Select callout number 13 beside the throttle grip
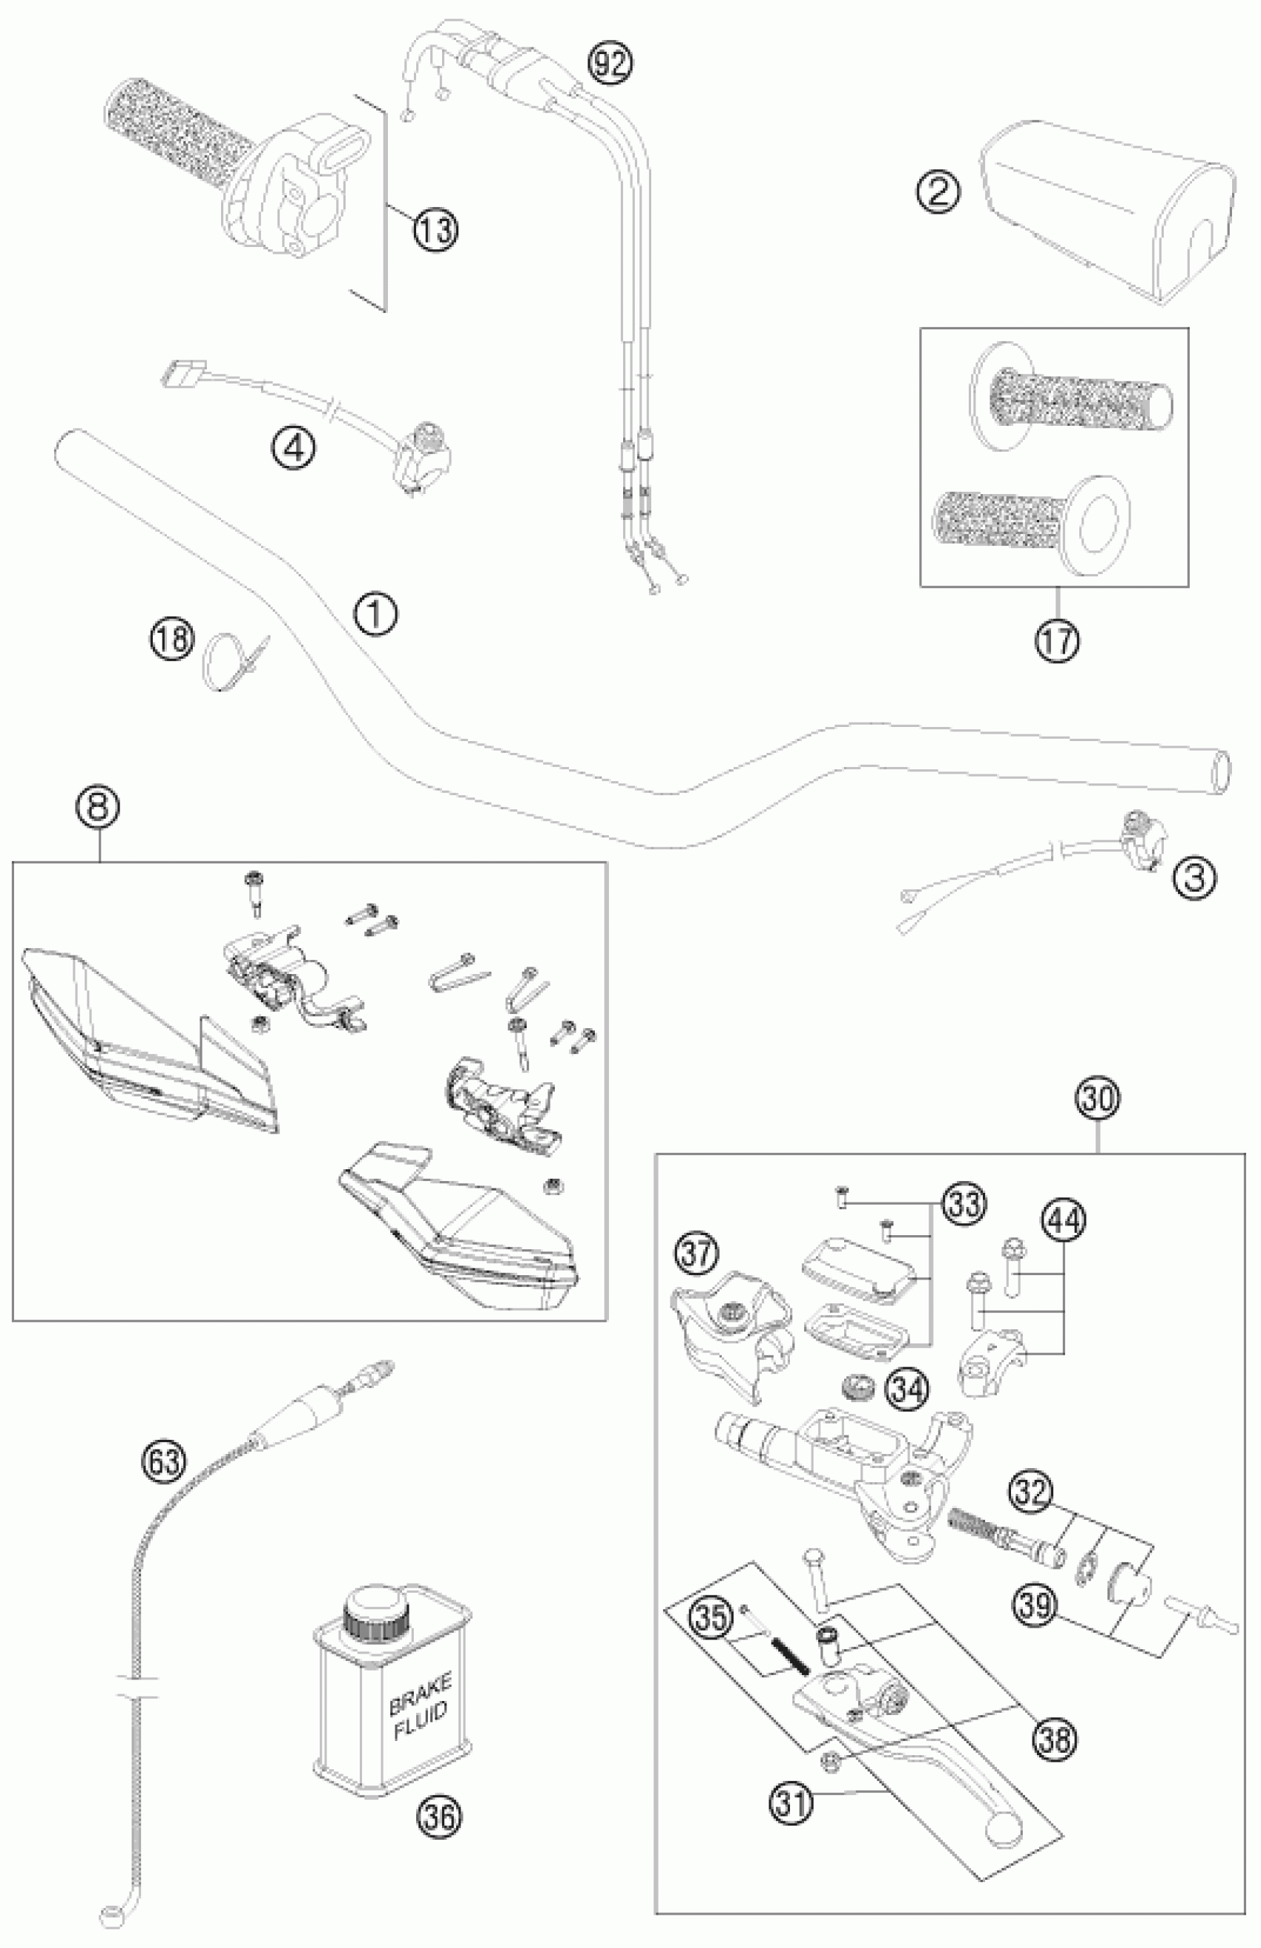coord(435,228)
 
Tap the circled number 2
coord(938,191)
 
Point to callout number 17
coord(1056,639)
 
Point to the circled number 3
coord(1194,878)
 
